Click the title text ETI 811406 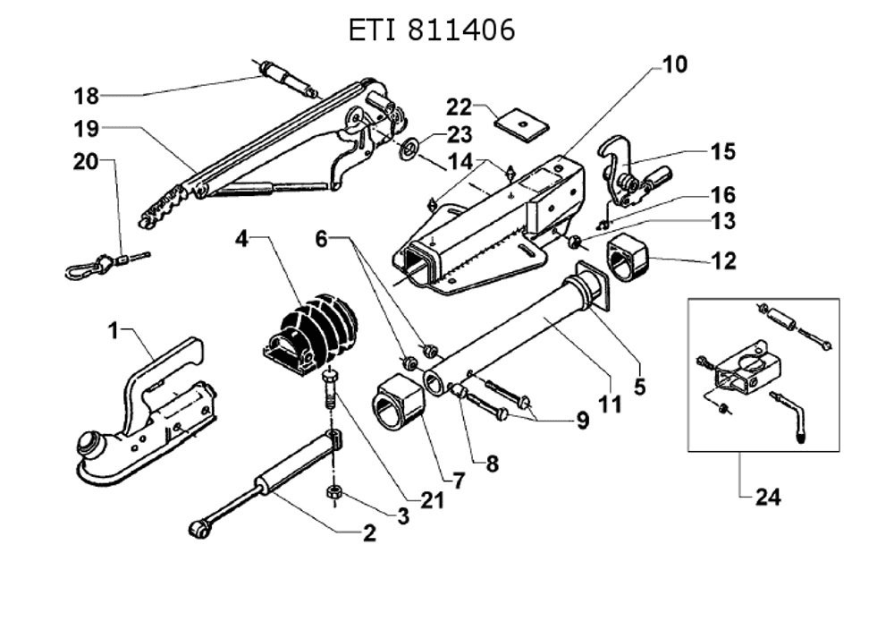click(432, 30)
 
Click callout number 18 click(86, 95)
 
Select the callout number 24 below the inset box click(767, 498)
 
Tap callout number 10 click(675, 64)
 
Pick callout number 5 click(639, 387)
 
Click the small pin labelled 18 click(284, 77)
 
